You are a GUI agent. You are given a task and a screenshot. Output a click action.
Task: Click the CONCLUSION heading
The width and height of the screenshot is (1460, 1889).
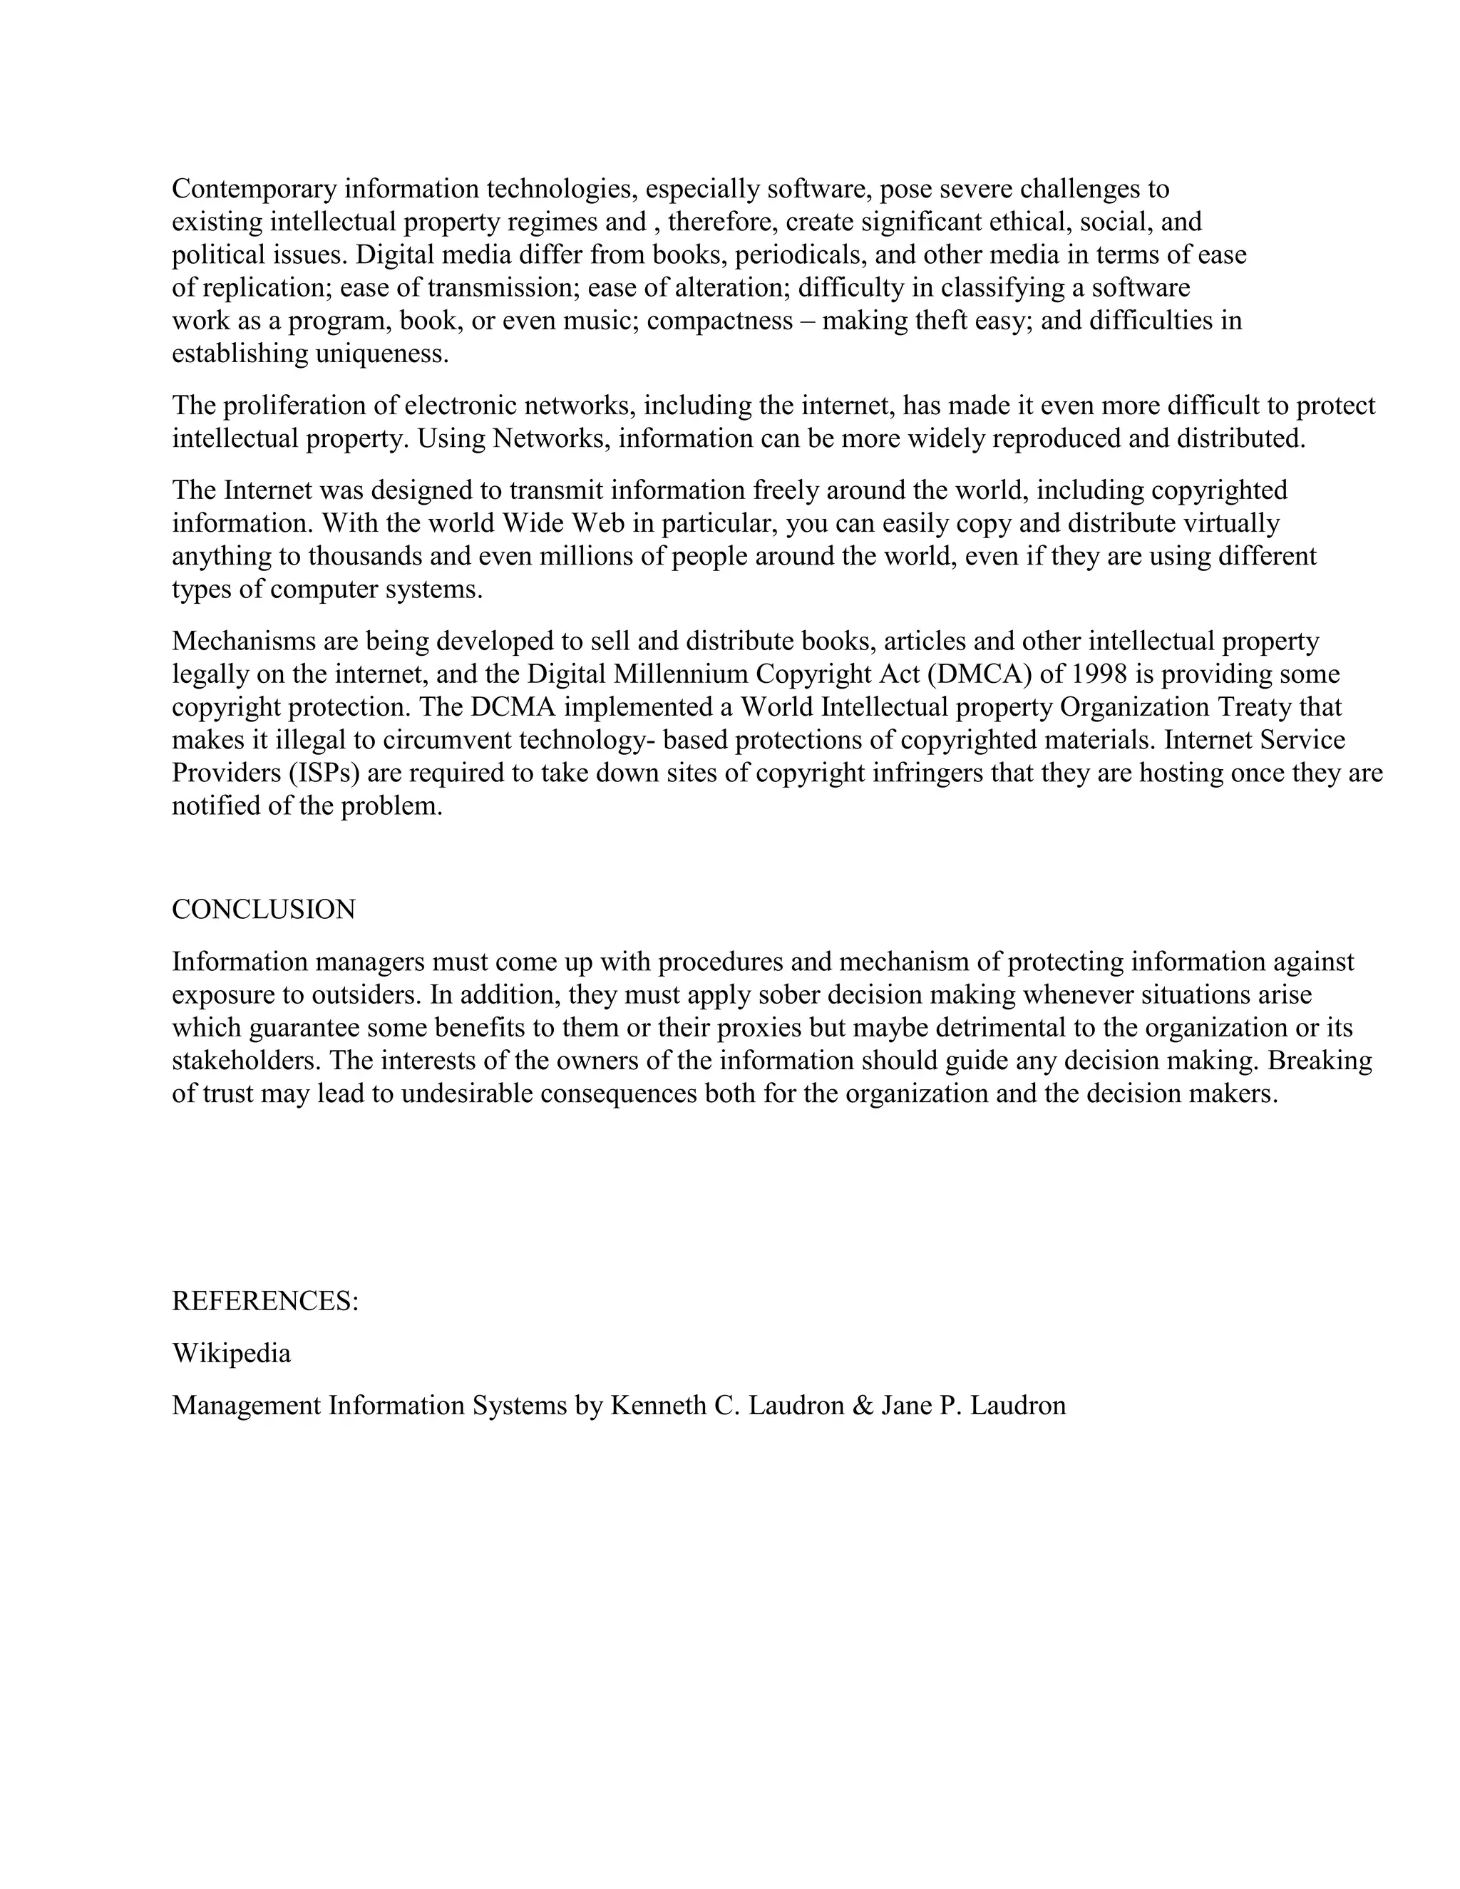click(264, 909)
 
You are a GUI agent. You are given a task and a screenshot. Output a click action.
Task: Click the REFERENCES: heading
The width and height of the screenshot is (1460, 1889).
click(264, 1301)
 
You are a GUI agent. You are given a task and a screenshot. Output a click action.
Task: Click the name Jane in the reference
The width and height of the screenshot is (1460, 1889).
click(901, 1405)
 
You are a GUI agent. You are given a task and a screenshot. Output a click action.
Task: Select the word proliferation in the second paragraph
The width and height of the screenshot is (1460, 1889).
click(297, 405)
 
